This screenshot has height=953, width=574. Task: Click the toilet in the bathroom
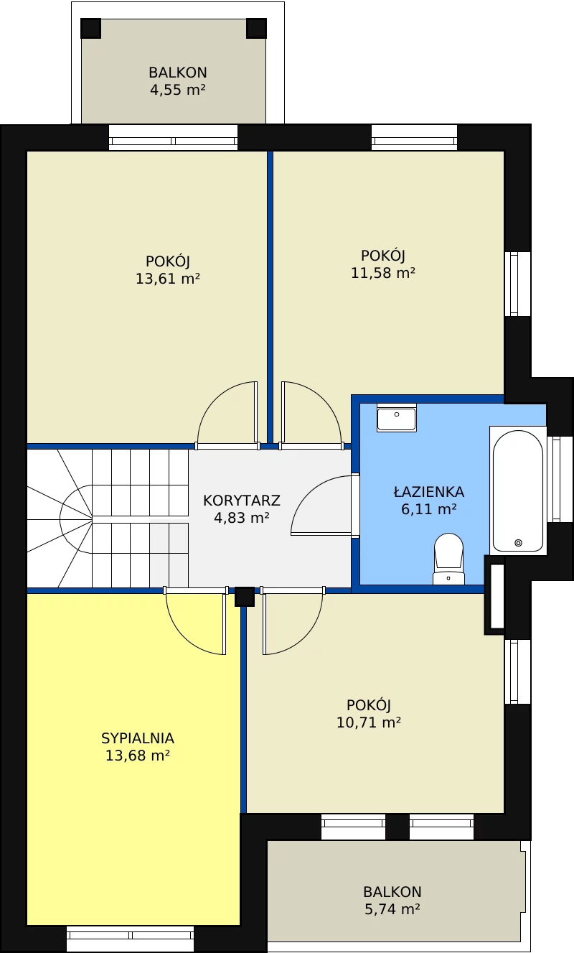coord(448,559)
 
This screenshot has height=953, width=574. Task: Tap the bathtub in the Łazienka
coord(518,490)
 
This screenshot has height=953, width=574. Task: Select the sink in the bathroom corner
coord(396,418)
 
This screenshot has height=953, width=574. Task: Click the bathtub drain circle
coord(518,543)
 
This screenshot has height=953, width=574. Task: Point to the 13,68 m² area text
coord(138,756)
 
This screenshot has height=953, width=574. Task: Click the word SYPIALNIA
coord(138,738)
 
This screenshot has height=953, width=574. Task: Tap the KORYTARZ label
coord(242,501)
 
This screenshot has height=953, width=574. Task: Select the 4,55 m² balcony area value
coord(178,90)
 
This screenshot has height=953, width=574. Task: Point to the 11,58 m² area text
coord(382,273)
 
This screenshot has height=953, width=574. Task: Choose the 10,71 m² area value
coord(369,722)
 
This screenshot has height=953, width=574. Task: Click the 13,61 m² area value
coord(167,279)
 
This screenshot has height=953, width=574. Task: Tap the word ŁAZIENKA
coord(428,492)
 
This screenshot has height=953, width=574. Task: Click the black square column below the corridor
coord(245,597)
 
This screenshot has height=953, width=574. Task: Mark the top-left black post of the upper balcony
coord(90,29)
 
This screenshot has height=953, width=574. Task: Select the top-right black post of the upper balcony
coord(256,29)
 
